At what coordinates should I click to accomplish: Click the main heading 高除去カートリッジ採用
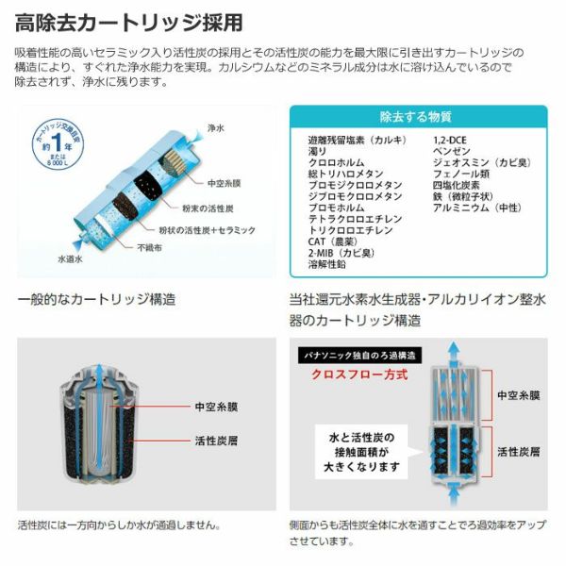[x=128, y=23]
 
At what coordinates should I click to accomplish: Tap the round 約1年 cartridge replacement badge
[x=58, y=144]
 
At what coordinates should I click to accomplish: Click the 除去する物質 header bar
[x=418, y=117]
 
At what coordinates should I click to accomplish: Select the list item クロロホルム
[x=336, y=162]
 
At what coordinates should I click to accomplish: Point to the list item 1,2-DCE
[x=449, y=140]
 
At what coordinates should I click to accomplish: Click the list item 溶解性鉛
[x=326, y=264]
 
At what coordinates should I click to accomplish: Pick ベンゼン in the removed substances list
[x=452, y=151]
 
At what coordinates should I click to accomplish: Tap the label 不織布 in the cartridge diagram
[x=149, y=247]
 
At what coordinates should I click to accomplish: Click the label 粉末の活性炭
[x=208, y=208]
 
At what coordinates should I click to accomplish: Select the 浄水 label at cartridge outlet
[x=216, y=127]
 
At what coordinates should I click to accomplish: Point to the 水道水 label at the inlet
[x=71, y=258]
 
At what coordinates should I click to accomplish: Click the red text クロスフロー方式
[x=359, y=375]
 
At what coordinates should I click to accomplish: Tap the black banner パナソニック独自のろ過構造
[x=359, y=356]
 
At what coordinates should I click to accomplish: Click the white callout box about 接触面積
[x=361, y=452]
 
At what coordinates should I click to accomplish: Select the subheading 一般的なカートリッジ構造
[x=96, y=299]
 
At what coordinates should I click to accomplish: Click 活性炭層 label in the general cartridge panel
[x=216, y=441]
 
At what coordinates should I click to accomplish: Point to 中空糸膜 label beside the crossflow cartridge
[x=518, y=395]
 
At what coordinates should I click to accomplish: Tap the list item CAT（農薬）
[x=333, y=241]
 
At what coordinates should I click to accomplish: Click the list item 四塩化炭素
[x=456, y=185]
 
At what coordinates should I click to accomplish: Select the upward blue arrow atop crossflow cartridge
[x=454, y=354]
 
